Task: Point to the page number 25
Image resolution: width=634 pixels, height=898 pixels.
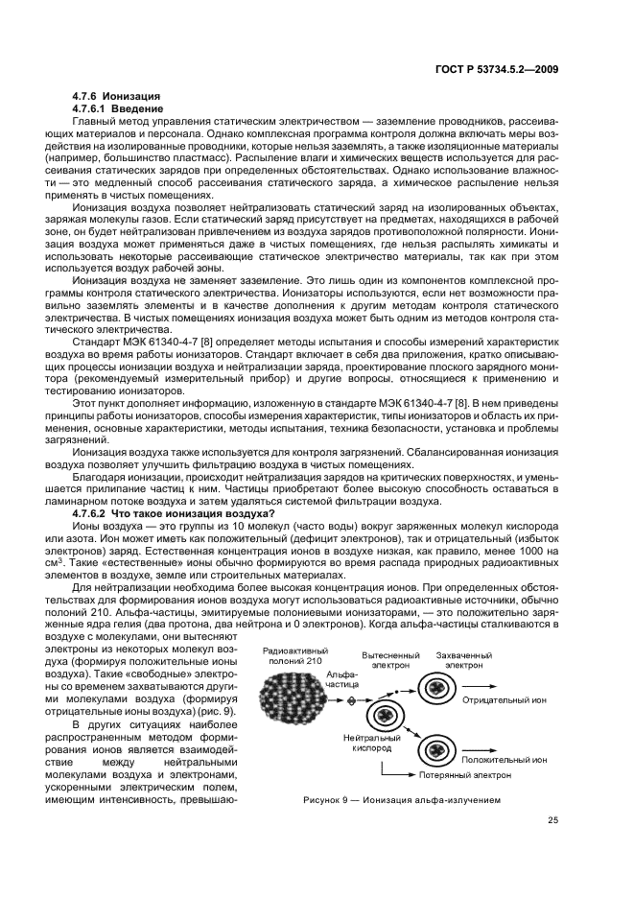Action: click(x=552, y=819)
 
